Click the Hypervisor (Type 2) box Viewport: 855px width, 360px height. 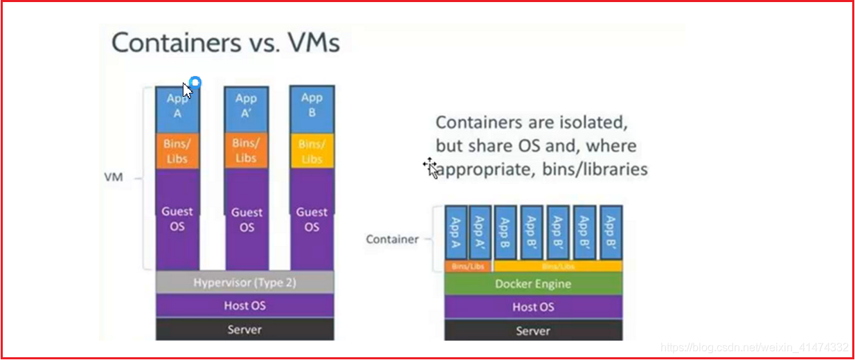click(x=244, y=282)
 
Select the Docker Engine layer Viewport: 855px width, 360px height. click(x=533, y=284)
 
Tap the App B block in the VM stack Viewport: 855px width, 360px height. click(x=312, y=106)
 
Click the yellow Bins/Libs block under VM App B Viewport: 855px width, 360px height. click(x=312, y=151)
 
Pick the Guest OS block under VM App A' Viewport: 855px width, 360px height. click(x=246, y=219)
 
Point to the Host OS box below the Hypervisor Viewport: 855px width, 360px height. click(x=244, y=305)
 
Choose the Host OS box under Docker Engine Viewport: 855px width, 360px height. click(x=533, y=307)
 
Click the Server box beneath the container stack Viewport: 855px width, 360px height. click(x=533, y=331)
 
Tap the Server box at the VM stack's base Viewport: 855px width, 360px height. click(x=244, y=330)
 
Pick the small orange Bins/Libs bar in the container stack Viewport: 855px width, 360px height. click(x=468, y=267)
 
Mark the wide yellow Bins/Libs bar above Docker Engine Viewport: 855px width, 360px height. click(x=558, y=267)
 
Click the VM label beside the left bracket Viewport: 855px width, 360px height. click(x=114, y=177)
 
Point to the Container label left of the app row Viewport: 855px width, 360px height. click(x=392, y=240)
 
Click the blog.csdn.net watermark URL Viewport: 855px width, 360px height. click(x=754, y=347)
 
